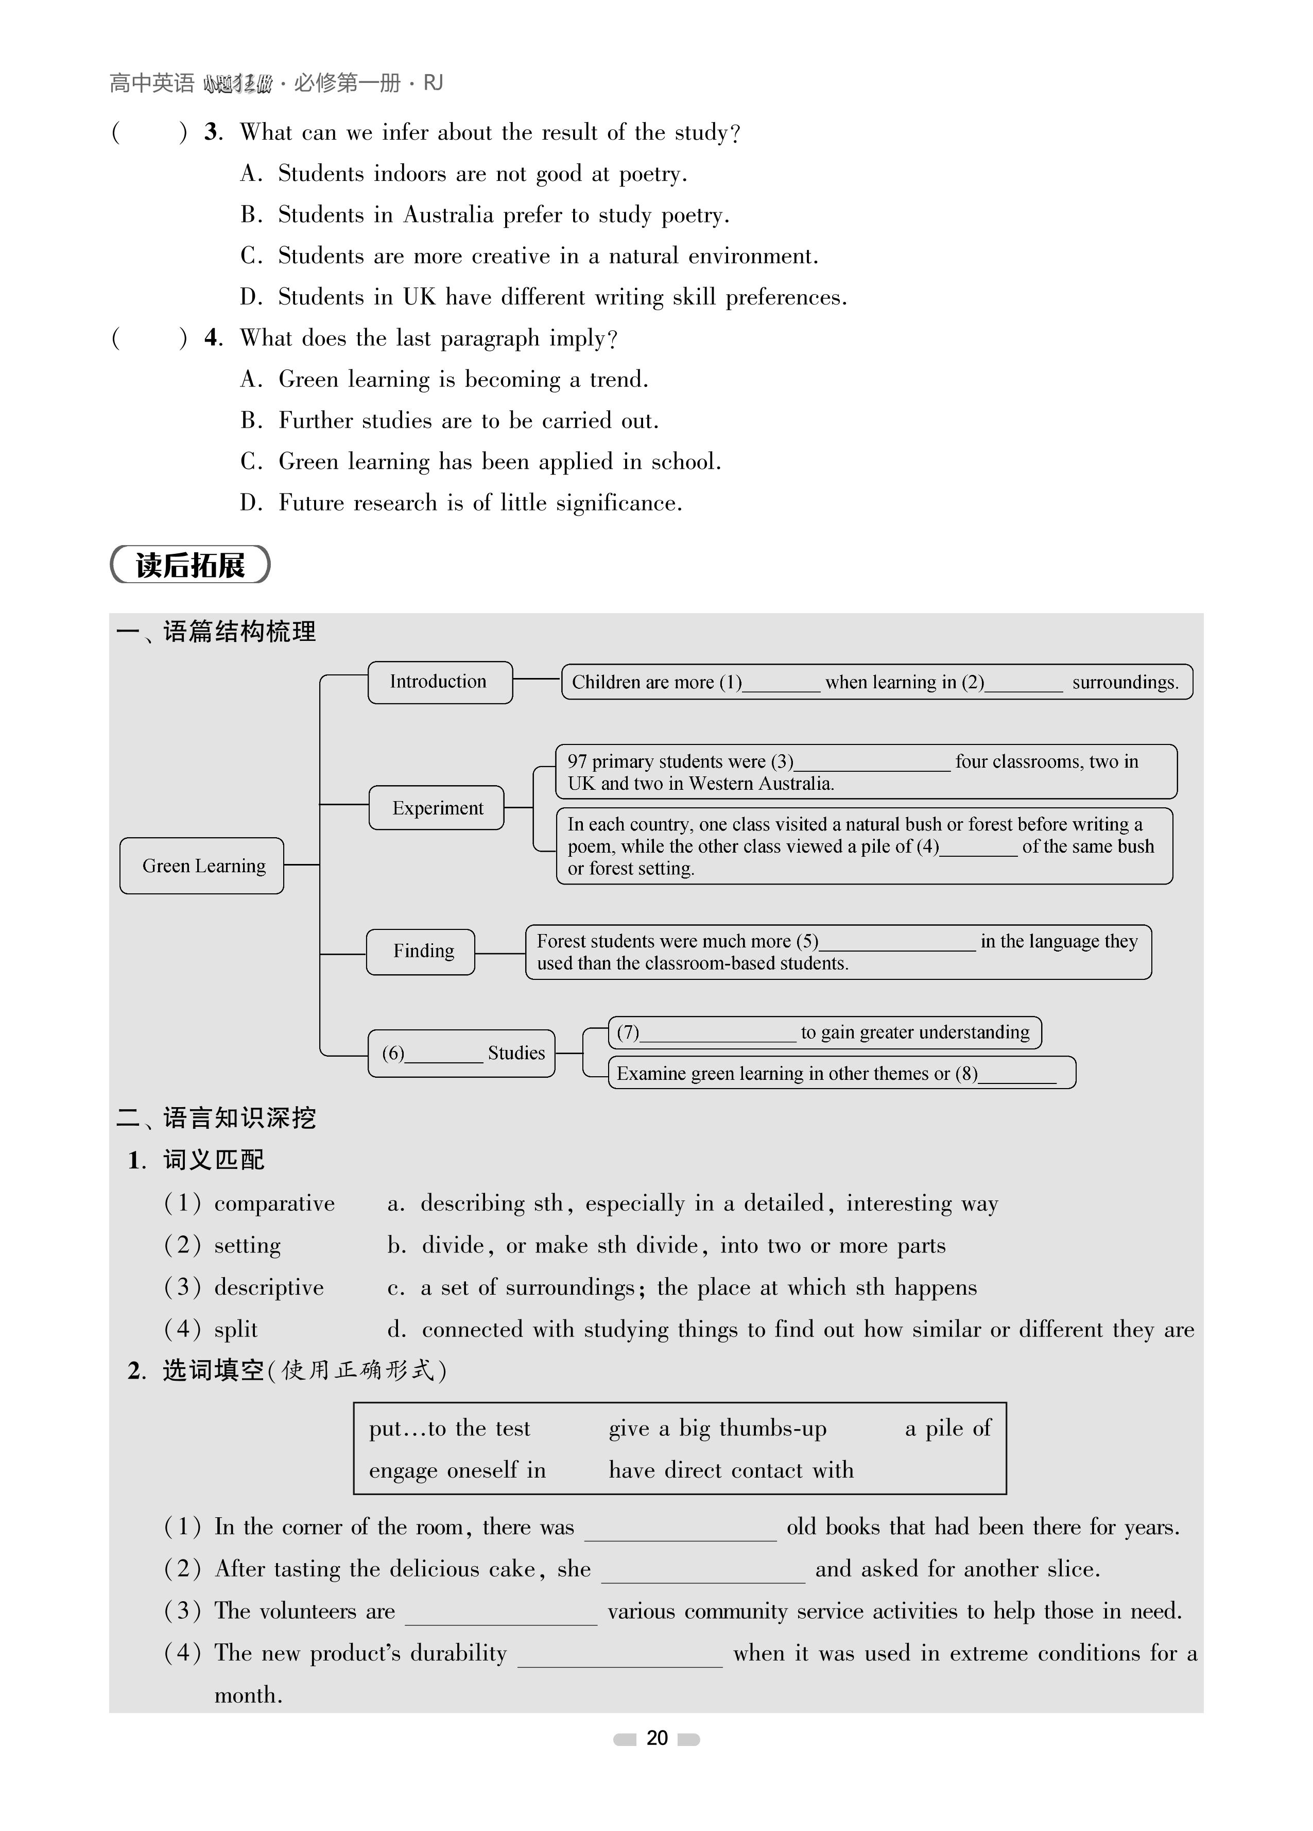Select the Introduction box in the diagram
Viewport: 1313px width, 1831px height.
coord(440,682)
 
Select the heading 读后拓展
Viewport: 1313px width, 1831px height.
coord(191,565)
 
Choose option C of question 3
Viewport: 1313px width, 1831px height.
coord(529,256)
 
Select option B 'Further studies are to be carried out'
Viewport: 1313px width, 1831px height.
coord(451,420)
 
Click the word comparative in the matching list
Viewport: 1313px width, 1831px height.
coord(274,1203)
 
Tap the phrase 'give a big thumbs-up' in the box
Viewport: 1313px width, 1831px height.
coord(717,1429)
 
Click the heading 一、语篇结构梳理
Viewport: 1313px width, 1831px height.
coord(216,631)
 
